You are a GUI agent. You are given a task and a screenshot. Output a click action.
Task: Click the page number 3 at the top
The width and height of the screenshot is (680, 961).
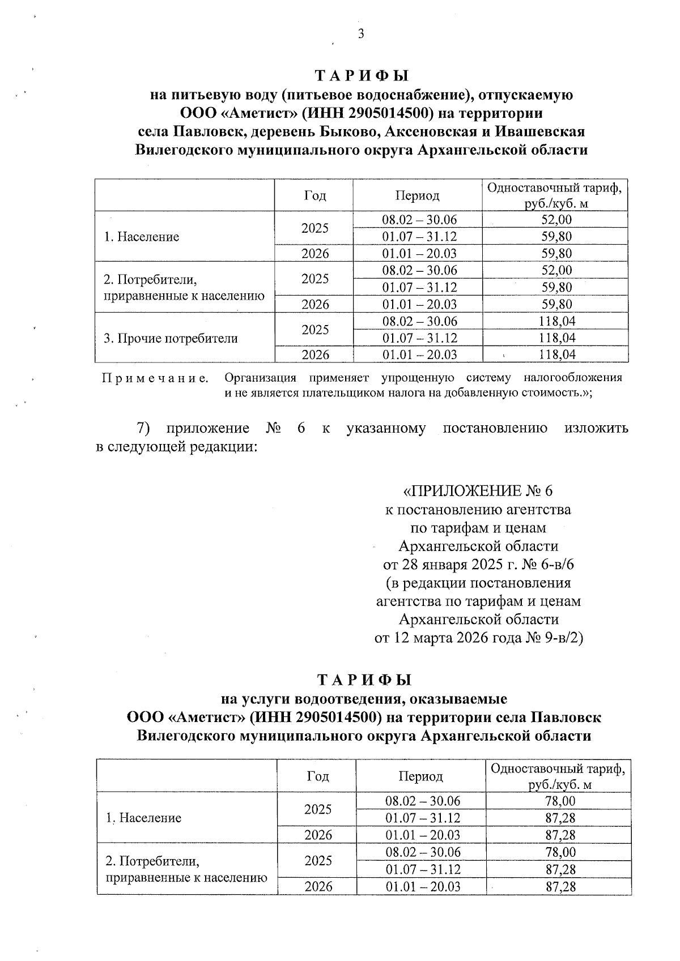click(360, 35)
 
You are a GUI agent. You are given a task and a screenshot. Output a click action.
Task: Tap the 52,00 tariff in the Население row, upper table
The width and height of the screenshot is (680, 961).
click(556, 220)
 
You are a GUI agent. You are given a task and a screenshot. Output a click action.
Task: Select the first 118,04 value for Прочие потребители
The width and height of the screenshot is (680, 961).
click(556, 322)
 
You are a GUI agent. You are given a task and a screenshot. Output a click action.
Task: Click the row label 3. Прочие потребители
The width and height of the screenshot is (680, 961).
click(171, 339)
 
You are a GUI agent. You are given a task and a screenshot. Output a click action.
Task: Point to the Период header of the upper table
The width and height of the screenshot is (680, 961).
click(417, 195)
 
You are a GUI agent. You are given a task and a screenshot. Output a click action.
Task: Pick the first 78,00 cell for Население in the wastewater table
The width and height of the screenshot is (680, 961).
click(559, 801)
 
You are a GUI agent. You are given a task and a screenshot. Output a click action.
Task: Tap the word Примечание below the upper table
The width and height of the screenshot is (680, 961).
click(155, 378)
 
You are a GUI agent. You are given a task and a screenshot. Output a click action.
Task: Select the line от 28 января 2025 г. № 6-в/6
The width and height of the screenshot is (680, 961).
click(478, 565)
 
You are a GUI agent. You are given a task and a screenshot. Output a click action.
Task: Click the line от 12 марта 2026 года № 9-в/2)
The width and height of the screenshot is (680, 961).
click(478, 638)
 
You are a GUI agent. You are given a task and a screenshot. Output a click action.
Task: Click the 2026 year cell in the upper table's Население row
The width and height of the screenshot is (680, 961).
click(314, 254)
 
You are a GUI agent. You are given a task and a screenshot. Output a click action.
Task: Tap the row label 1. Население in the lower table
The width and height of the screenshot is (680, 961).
click(144, 818)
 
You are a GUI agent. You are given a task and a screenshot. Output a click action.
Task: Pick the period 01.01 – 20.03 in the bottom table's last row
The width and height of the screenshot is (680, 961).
click(423, 886)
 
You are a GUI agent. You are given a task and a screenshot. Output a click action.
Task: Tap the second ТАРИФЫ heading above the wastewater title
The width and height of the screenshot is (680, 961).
click(364, 680)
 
